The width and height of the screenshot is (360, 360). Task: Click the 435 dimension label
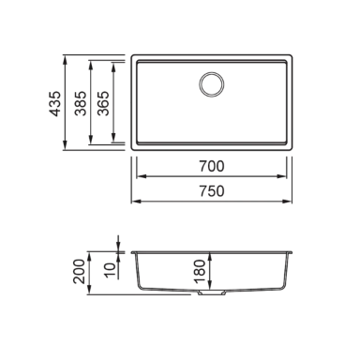tap(55, 104)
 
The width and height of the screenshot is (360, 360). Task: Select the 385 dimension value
tap(81, 103)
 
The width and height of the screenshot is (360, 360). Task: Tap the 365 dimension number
tap(103, 103)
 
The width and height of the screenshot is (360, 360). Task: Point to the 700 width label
tap(212, 166)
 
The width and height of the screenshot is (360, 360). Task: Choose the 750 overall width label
tap(212, 191)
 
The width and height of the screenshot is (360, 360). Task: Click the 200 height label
tap(79, 271)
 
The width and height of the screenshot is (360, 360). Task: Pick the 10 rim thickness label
tap(111, 271)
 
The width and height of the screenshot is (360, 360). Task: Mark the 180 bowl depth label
tap(200, 271)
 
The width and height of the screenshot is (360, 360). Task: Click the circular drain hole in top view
tap(212, 84)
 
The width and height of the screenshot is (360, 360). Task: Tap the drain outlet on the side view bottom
tap(212, 292)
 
